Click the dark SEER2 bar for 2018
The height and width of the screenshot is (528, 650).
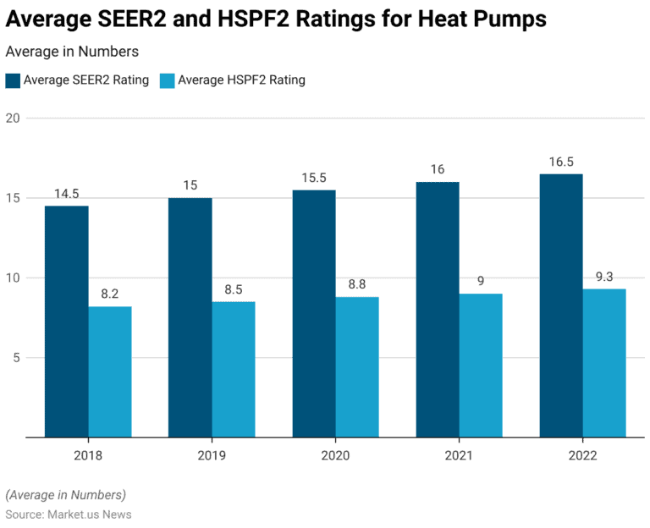click(x=67, y=322)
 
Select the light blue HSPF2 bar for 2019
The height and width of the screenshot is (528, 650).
click(x=233, y=370)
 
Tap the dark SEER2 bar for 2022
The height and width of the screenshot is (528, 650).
click(x=561, y=305)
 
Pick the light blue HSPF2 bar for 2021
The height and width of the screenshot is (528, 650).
click(x=480, y=366)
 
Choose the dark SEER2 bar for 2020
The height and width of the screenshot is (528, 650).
click(x=314, y=314)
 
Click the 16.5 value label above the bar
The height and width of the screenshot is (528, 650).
click(x=561, y=162)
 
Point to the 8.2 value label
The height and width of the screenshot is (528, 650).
click(x=109, y=294)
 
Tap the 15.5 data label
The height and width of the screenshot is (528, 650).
click(x=314, y=178)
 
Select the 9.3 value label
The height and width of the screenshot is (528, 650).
click(x=603, y=277)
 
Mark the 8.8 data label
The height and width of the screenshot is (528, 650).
click(x=356, y=284)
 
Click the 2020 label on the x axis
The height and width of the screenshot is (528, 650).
click(x=335, y=456)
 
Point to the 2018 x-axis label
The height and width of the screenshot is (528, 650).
click(x=88, y=456)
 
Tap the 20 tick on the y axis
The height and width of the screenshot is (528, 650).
click(x=12, y=118)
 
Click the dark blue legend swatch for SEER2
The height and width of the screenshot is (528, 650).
click(x=13, y=80)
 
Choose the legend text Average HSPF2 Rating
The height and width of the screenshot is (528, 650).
click(x=240, y=80)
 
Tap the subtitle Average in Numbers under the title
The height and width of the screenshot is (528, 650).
click(x=72, y=52)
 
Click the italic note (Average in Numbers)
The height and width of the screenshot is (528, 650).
click(x=65, y=495)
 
